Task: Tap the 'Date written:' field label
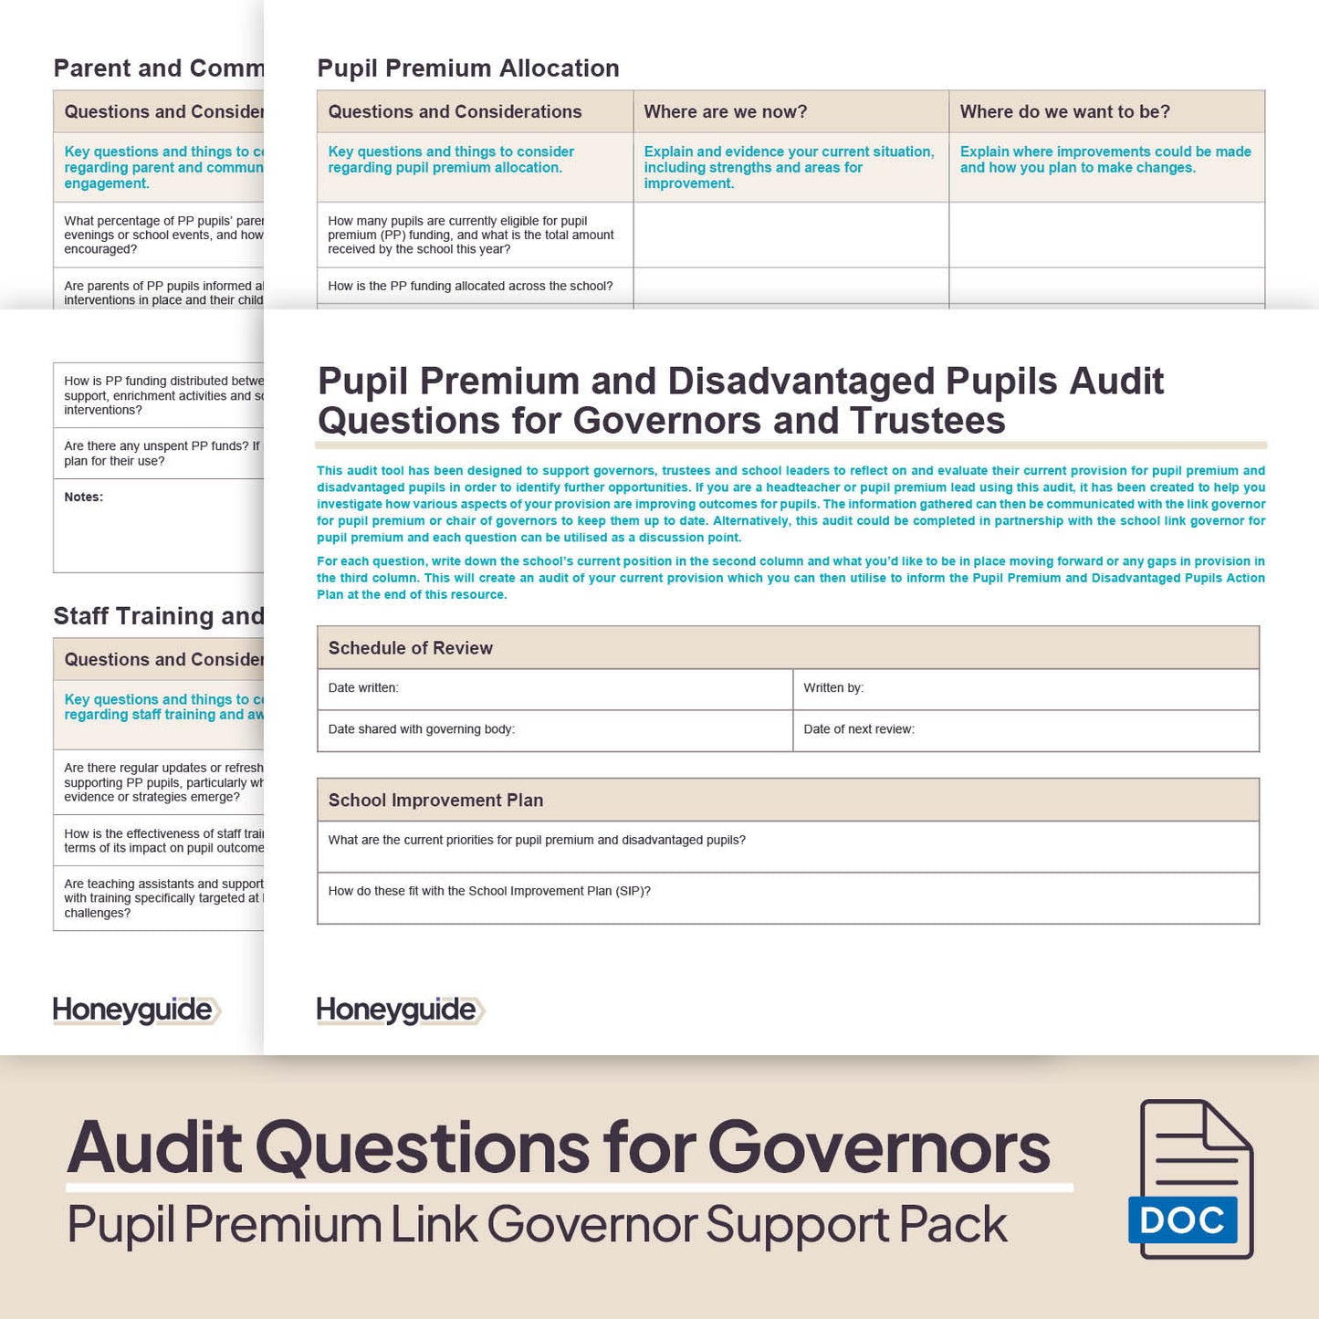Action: [x=363, y=688]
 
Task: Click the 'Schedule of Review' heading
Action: [x=410, y=648]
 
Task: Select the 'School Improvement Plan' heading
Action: [x=435, y=801]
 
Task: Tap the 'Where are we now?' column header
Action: [x=725, y=112]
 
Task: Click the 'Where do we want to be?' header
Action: [x=1064, y=112]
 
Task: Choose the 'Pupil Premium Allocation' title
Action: [x=467, y=68]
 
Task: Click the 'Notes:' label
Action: [x=84, y=497]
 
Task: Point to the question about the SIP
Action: [x=489, y=892]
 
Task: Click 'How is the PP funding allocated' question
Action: [x=470, y=287]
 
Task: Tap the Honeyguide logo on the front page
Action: [x=400, y=1010]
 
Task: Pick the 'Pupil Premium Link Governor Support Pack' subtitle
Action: [x=537, y=1225]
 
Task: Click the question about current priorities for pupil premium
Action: [x=537, y=841]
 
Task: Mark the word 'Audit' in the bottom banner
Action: [x=154, y=1147]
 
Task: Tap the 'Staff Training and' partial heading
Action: [x=158, y=616]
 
